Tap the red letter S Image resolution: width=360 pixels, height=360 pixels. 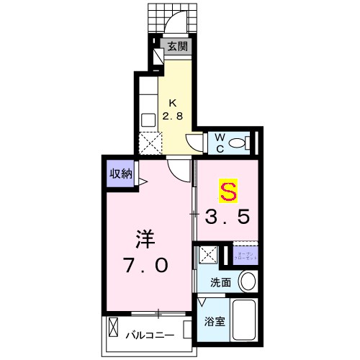point(228,192)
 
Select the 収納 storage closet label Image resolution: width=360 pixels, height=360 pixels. point(120,173)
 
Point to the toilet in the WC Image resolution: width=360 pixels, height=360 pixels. point(238,142)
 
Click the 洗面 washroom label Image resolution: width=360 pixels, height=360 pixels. point(221,283)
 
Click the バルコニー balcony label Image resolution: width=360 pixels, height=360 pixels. point(153,336)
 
